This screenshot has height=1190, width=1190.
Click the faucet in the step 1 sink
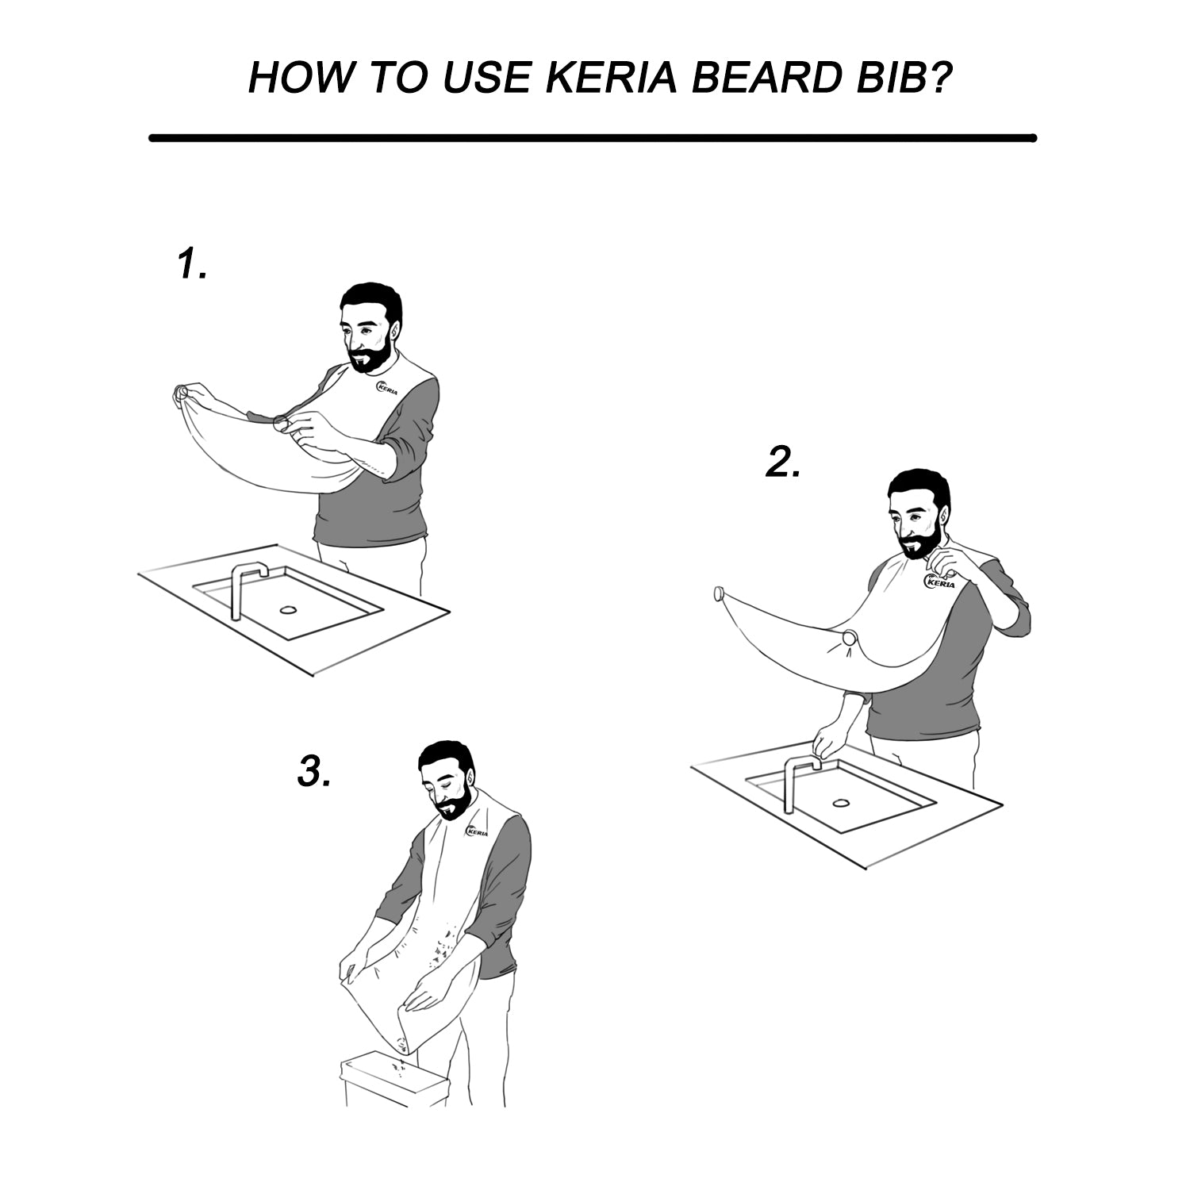[247, 591]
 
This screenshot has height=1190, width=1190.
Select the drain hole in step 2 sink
[840, 803]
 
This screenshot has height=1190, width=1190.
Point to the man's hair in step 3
[447, 760]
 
